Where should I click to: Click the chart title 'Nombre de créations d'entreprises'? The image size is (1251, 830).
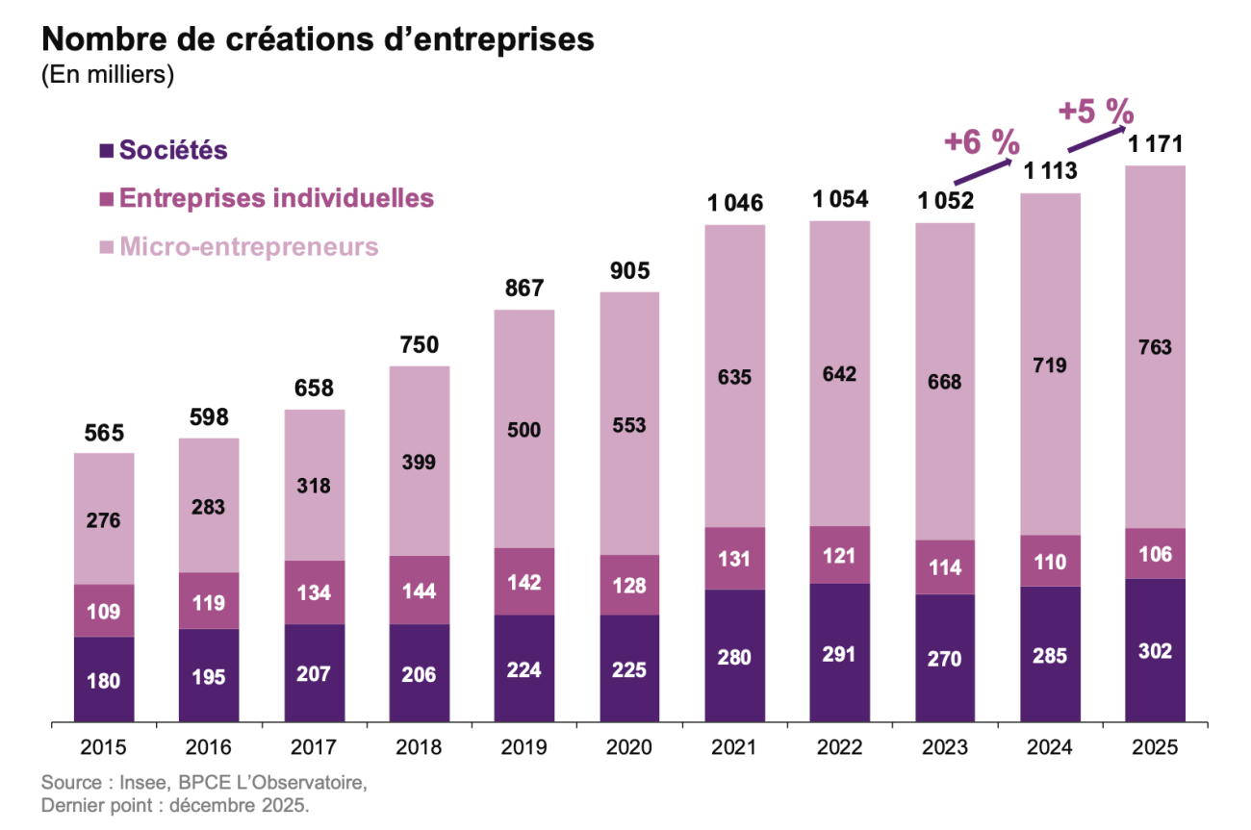pos(318,40)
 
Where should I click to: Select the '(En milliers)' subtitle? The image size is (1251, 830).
pos(107,76)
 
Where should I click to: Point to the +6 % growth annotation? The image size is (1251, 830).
pos(981,142)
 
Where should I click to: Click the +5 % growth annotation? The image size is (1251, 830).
pos(1095,111)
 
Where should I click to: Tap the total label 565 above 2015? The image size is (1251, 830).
pos(104,433)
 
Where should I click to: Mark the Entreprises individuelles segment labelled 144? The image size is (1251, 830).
pos(420,590)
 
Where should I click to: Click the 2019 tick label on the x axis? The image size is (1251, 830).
pos(524,747)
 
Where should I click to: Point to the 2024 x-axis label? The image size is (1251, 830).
pos(1050,747)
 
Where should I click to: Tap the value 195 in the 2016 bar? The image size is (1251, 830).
pos(209,676)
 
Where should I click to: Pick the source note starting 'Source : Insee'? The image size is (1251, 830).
pos(204,782)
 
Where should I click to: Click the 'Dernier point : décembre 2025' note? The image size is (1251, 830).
pos(175,805)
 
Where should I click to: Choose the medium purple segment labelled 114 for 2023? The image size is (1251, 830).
pos(945,567)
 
